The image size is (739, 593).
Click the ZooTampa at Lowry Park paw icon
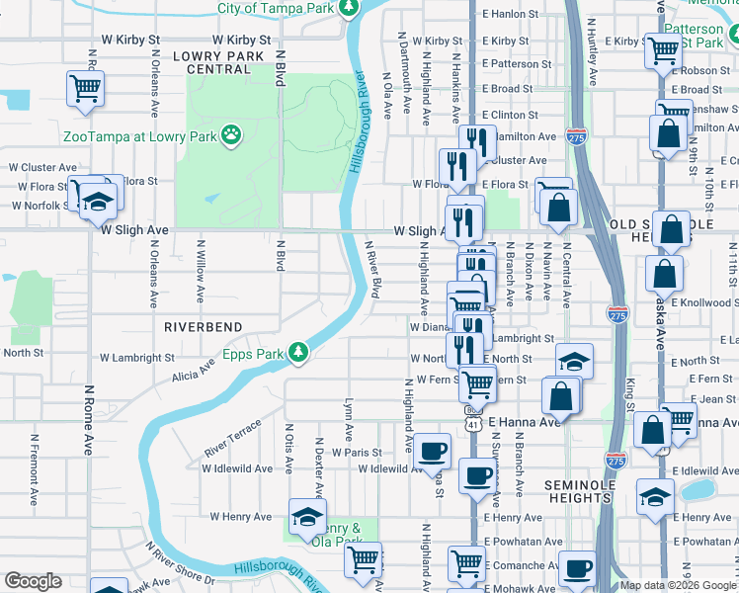click(x=231, y=134)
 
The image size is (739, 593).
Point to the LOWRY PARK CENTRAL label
click(x=218, y=63)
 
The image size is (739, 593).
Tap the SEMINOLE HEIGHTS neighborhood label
click(x=580, y=491)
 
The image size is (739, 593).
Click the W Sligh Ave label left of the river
click(x=135, y=229)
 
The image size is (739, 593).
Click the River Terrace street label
click(x=233, y=438)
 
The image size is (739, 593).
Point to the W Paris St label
click(x=357, y=452)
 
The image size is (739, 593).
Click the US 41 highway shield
click(x=474, y=420)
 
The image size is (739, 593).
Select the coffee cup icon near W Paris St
click(x=432, y=451)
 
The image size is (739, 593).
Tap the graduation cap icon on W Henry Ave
click(x=307, y=515)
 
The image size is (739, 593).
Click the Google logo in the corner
click(x=33, y=582)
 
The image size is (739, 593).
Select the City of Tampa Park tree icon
click(x=348, y=9)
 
